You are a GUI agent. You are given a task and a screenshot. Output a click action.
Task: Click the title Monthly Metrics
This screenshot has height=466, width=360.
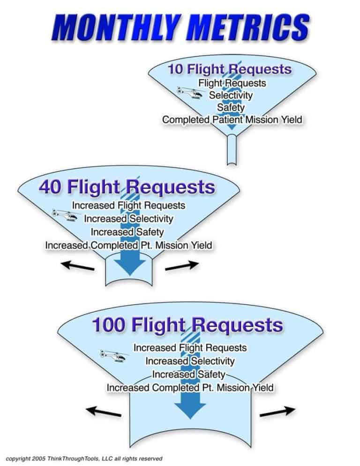click(x=180, y=28)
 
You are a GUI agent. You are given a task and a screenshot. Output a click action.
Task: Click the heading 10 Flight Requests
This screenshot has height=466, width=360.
click(x=229, y=69)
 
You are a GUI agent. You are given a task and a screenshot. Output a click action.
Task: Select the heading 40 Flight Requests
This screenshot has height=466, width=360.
click(x=127, y=187)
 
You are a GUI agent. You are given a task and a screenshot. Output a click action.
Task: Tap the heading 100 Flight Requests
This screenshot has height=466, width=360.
click(x=187, y=325)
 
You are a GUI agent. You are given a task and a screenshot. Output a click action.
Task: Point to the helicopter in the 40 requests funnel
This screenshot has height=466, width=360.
click(x=66, y=216)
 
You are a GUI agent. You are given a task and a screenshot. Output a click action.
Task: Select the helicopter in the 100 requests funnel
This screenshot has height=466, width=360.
click(x=113, y=356)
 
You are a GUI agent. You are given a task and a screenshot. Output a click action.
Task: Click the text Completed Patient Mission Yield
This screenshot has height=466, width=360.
click(x=232, y=120)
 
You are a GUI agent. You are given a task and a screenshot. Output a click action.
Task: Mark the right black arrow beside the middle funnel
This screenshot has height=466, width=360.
click(x=179, y=266)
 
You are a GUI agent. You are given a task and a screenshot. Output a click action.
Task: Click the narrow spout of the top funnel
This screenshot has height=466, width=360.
click(x=232, y=150)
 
